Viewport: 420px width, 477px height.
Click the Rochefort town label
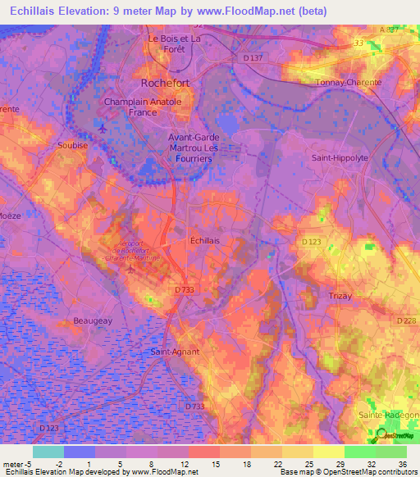[x=171, y=83]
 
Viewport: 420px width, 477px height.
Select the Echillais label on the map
[x=204, y=240]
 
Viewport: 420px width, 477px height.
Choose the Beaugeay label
[x=93, y=320]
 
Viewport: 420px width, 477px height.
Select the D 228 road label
[x=406, y=320]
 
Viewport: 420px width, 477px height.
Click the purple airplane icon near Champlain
[x=102, y=129]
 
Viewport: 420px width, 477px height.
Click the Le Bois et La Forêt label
[x=174, y=43]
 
